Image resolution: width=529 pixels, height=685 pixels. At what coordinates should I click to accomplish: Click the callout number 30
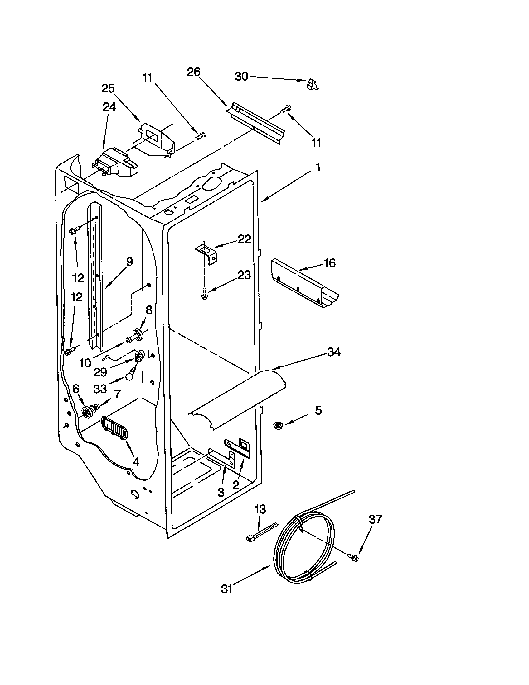[241, 77]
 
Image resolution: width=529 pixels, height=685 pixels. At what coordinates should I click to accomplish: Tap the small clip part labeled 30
[312, 85]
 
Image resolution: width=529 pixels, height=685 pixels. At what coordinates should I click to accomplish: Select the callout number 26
[193, 72]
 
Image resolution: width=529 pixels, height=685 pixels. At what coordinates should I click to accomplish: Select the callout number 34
[334, 352]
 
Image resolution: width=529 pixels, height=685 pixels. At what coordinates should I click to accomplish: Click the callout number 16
[329, 263]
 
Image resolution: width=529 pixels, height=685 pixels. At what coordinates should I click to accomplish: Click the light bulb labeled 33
[130, 376]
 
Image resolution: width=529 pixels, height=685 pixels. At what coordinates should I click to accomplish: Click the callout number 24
[109, 107]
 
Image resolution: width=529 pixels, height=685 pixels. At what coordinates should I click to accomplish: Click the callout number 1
[318, 168]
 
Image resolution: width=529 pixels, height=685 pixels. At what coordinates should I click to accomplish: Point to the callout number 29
[100, 372]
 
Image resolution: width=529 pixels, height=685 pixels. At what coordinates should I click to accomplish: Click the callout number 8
[149, 310]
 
